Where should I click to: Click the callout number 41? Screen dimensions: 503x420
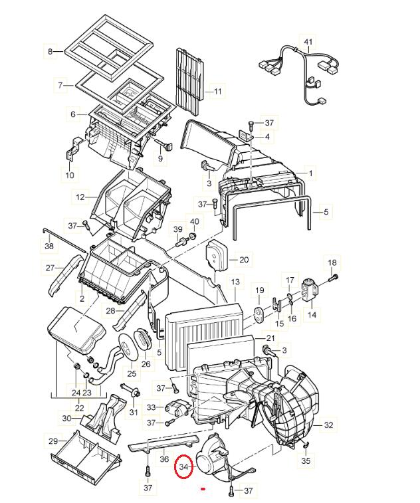pos(308,43)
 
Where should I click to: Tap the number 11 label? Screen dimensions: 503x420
pos(218,90)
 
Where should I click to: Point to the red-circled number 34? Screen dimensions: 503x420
pos(184,467)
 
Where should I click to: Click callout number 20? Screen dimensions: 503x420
pos(244,259)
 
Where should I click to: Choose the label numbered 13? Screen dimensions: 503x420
pos(235,283)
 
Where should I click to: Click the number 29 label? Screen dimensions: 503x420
pos(52,441)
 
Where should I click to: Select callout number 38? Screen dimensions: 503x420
pos(49,247)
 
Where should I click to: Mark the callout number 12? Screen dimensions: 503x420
pos(80,197)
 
